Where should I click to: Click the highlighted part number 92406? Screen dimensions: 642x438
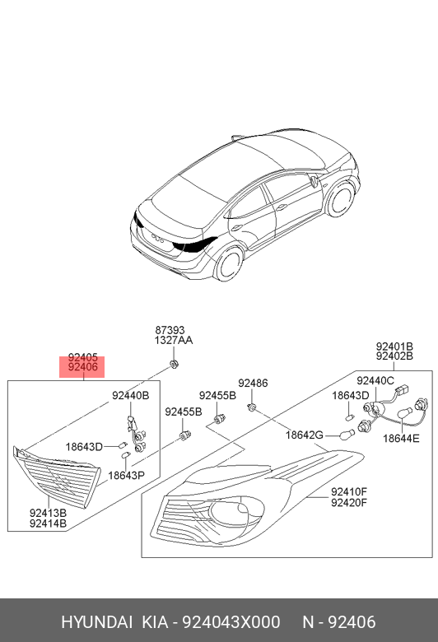[83, 368]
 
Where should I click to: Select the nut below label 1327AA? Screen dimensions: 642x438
[174, 363]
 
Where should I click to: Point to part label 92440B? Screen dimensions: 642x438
[130, 396]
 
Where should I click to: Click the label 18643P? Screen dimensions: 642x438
[126, 475]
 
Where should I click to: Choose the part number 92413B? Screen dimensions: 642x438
[48, 512]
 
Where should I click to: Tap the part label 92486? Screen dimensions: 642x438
[253, 383]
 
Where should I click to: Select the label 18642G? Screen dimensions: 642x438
[304, 435]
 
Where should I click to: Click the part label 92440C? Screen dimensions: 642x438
[375, 380]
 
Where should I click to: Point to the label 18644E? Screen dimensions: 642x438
[402, 439]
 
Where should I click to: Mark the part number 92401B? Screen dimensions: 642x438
[394, 347]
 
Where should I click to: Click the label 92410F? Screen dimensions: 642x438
[348, 492]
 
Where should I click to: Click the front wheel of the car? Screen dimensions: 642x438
[338, 200]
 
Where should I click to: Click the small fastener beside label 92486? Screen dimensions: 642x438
[254, 407]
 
